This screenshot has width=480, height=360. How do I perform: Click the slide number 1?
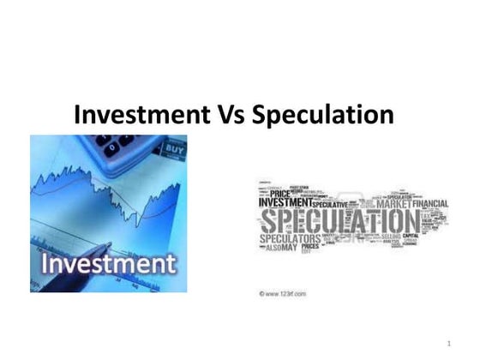(x=448, y=344)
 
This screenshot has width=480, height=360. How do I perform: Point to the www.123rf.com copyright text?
(x=284, y=294)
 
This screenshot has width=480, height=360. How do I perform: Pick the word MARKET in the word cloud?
(x=395, y=204)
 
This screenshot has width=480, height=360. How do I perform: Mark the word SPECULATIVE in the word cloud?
(x=329, y=205)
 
